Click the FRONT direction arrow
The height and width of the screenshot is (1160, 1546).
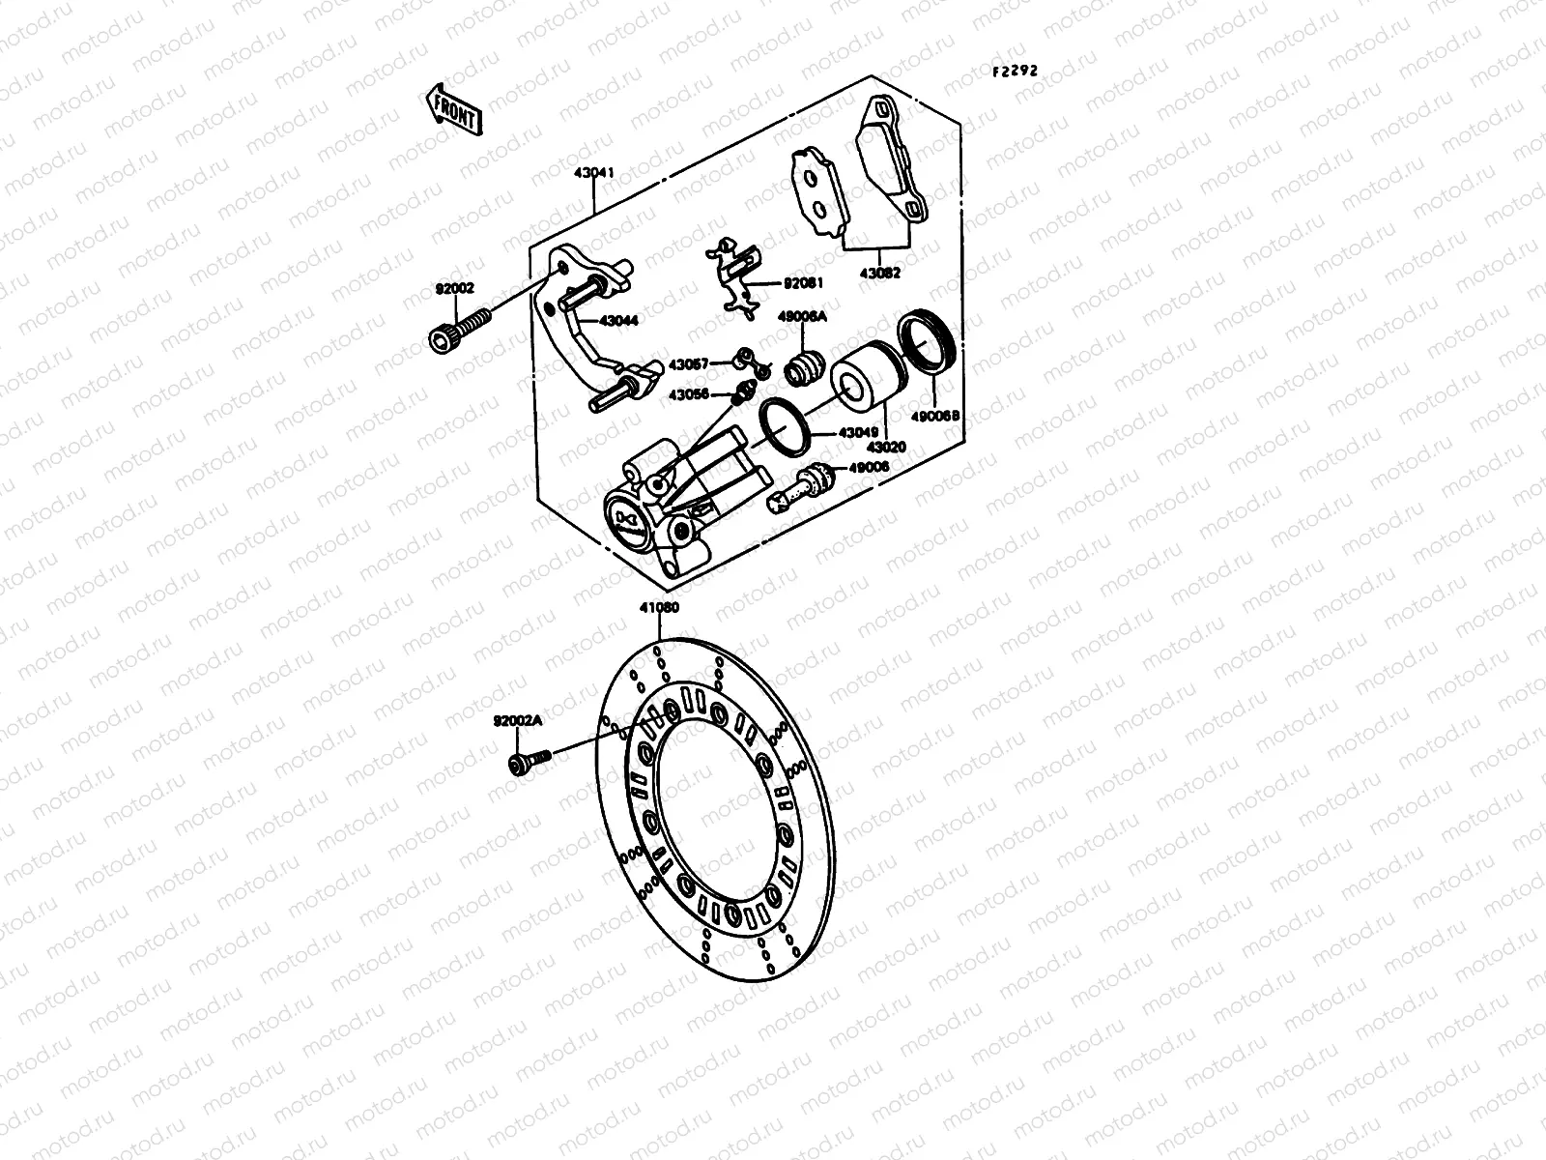(451, 107)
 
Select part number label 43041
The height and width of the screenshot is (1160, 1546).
(593, 172)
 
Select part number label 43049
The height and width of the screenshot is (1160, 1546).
(857, 433)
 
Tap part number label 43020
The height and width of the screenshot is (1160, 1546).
(886, 448)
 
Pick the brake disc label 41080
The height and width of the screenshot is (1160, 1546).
(658, 609)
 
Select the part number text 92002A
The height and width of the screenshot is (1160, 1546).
(519, 721)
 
